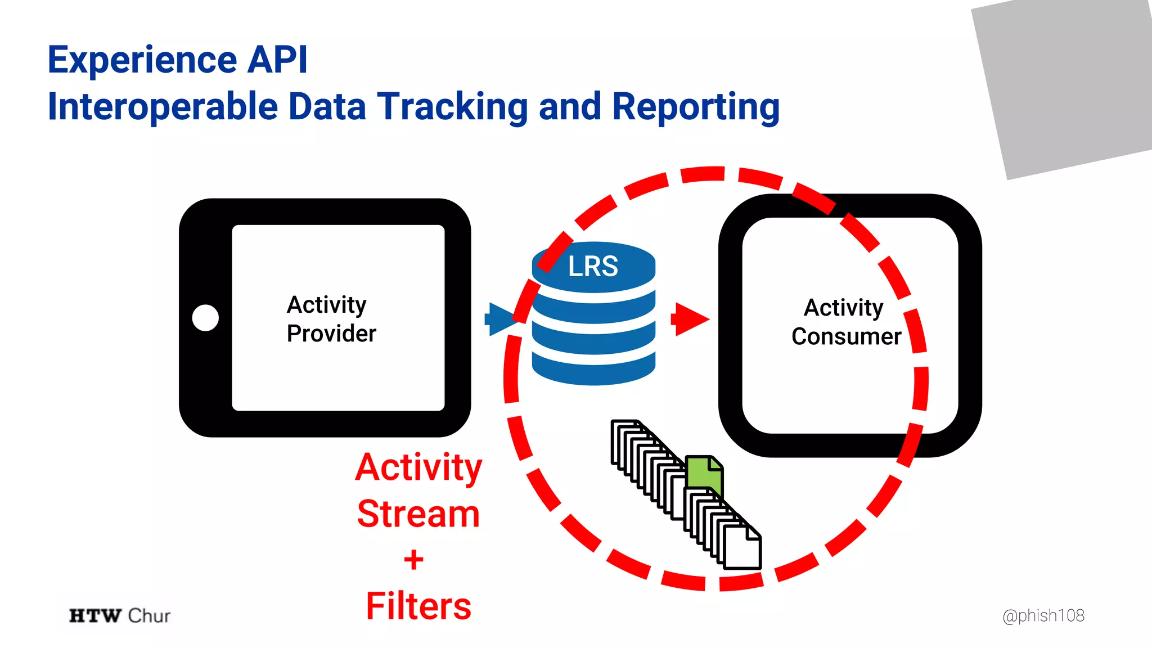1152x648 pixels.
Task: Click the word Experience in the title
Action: (142, 60)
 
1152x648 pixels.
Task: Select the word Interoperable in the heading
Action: (163, 107)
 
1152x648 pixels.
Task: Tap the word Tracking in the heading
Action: (452, 107)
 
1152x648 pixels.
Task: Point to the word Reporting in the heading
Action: (695, 107)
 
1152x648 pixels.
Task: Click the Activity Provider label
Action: (331, 319)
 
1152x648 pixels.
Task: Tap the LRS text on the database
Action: (593, 266)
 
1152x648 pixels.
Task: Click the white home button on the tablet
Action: (205, 318)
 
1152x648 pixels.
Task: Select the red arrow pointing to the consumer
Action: (690, 319)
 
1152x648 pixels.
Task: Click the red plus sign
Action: (413, 560)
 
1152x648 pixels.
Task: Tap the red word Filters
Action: (418, 606)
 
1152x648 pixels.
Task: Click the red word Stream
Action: (418, 514)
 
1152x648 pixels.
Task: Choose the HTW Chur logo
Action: (119, 615)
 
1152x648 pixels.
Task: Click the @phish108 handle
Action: (1043, 615)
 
